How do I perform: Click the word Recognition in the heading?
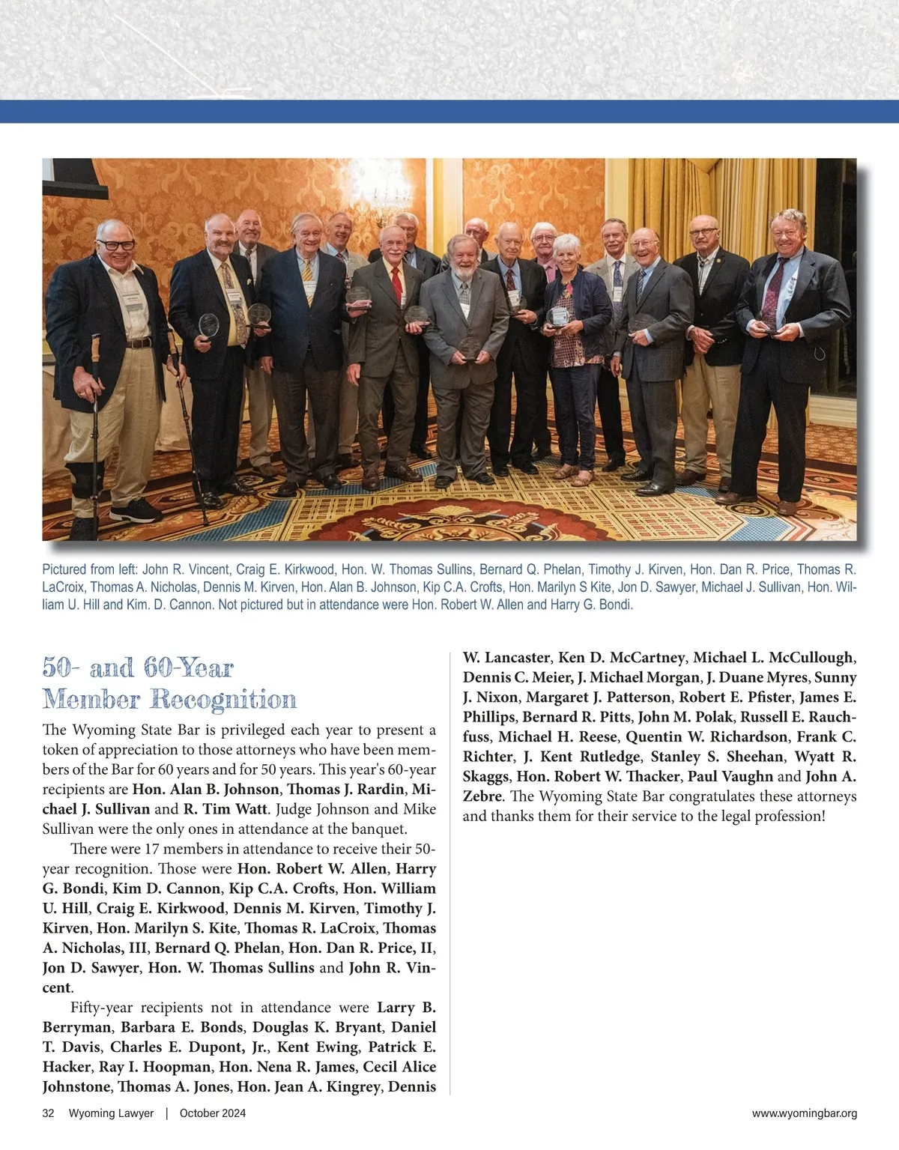tap(223, 700)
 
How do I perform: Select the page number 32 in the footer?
tap(48, 1113)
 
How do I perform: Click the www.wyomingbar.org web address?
tap(804, 1113)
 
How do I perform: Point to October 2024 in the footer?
tap(213, 1113)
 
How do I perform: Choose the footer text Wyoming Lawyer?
tap(111, 1113)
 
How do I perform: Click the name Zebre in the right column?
tap(483, 796)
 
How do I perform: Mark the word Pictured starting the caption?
tap(64, 570)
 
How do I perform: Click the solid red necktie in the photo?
tap(396, 282)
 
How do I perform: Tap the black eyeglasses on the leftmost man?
tap(116, 244)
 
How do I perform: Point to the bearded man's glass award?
tap(470, 347)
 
